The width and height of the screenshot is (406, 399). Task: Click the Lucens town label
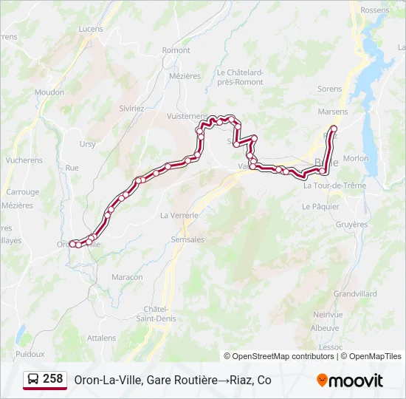pos(91,29)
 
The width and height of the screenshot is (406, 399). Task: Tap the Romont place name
pos(176,50)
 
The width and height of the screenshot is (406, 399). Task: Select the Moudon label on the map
pos(49,92)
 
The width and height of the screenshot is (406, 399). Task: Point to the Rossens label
pos(374,10)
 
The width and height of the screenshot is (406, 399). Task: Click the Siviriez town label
pos(132,108)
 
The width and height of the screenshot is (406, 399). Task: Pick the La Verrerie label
pos(179,215)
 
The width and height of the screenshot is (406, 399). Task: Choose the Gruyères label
pos(351,224)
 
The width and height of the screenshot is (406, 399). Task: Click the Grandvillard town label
pos(355,293)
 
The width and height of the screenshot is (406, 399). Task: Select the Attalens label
pos(102,338)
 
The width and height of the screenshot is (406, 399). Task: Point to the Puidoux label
pos(30,354)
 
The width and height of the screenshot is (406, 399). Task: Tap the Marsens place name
pos(332,112)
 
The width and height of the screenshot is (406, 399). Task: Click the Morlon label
pos(356,158)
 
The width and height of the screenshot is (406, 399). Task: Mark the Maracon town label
pos(127,277)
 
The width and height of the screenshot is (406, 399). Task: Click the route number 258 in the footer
pos(53,379)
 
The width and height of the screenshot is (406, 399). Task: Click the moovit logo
pos(350,381)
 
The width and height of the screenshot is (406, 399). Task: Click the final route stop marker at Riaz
pos(334,129)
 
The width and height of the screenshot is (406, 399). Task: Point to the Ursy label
pos(88,144)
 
